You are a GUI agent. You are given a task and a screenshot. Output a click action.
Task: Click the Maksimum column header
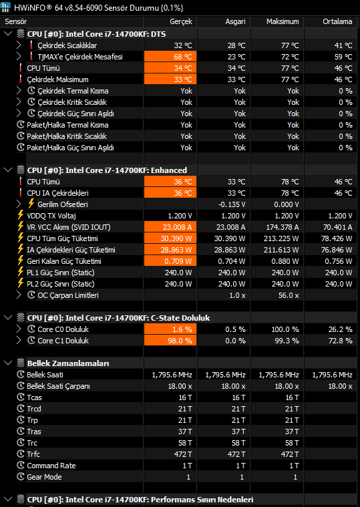pyautogui.click(x=283, y=21)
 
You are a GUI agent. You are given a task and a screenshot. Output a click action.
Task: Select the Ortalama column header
pyautogui.click(x=337, y=21)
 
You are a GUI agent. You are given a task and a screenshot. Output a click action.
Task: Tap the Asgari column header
pyautogui.click(x=235, y=21)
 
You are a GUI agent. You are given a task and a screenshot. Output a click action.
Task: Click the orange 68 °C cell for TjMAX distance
pyautogui.click(x=170, y=57)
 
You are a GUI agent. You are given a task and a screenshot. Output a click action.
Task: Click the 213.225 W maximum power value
pyautogui.click(x=281, y=238)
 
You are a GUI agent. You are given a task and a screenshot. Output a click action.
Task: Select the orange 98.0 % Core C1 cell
pyautogui.click(x=170, y=341)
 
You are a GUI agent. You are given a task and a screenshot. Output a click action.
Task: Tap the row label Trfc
pyautogui.click(x=33, y=454)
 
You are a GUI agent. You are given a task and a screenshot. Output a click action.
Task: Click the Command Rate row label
pyautogui.click(x=51, y=466)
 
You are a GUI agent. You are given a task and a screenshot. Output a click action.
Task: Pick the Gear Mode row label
pyautogui.click(x=44, y=477)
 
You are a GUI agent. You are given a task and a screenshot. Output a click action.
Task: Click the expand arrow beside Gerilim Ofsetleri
pyautogui.click(x=19, y=204)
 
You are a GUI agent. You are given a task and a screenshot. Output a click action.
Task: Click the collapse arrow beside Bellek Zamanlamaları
pyautogui.click(x=8, y=363)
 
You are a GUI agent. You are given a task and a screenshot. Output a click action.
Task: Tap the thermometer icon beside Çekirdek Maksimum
pyautogui.click(x=21, y=79)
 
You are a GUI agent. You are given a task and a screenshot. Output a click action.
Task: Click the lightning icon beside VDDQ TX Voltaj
pyautogui.click(x=21, y=215)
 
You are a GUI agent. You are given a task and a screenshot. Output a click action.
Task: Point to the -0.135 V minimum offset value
pyautogui.click(x=232, y=204)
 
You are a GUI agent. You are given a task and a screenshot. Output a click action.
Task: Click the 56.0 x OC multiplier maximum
pyautogui.click(x=289, y=295)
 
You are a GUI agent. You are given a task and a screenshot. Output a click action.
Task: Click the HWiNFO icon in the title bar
pyautogui.click(x=6, y=7)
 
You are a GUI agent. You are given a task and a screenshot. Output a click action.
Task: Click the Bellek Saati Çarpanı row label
pyautogui.click(x=59, y=386)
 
